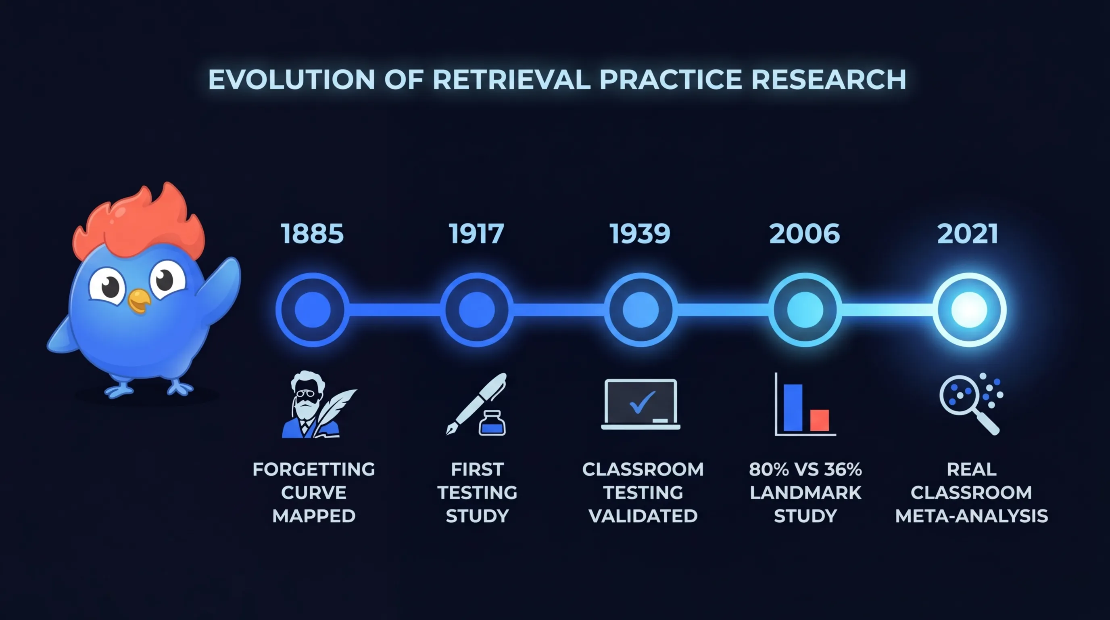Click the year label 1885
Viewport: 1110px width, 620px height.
point(313,234)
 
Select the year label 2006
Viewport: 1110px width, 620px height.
point(805,234)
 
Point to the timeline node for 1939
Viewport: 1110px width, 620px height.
point(641,310)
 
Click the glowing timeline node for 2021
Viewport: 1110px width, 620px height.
point(969,310)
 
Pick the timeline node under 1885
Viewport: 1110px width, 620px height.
point(313,310)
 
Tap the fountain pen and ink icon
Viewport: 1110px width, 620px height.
point(476,404)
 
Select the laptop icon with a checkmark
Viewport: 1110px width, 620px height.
point(641,404)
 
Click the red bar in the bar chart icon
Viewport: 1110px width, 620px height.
point(819,420)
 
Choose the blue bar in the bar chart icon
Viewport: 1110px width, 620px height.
point(793,407)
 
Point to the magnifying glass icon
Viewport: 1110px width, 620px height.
point(969,404)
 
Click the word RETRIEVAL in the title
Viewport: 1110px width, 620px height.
point(511,80)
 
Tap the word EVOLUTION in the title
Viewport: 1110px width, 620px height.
point(292,80)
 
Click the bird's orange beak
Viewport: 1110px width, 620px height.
point(139,301)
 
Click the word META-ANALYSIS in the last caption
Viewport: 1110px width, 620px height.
point(971,516)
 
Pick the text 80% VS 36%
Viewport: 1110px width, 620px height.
point(805,469)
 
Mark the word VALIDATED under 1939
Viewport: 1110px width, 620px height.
point(643,516)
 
